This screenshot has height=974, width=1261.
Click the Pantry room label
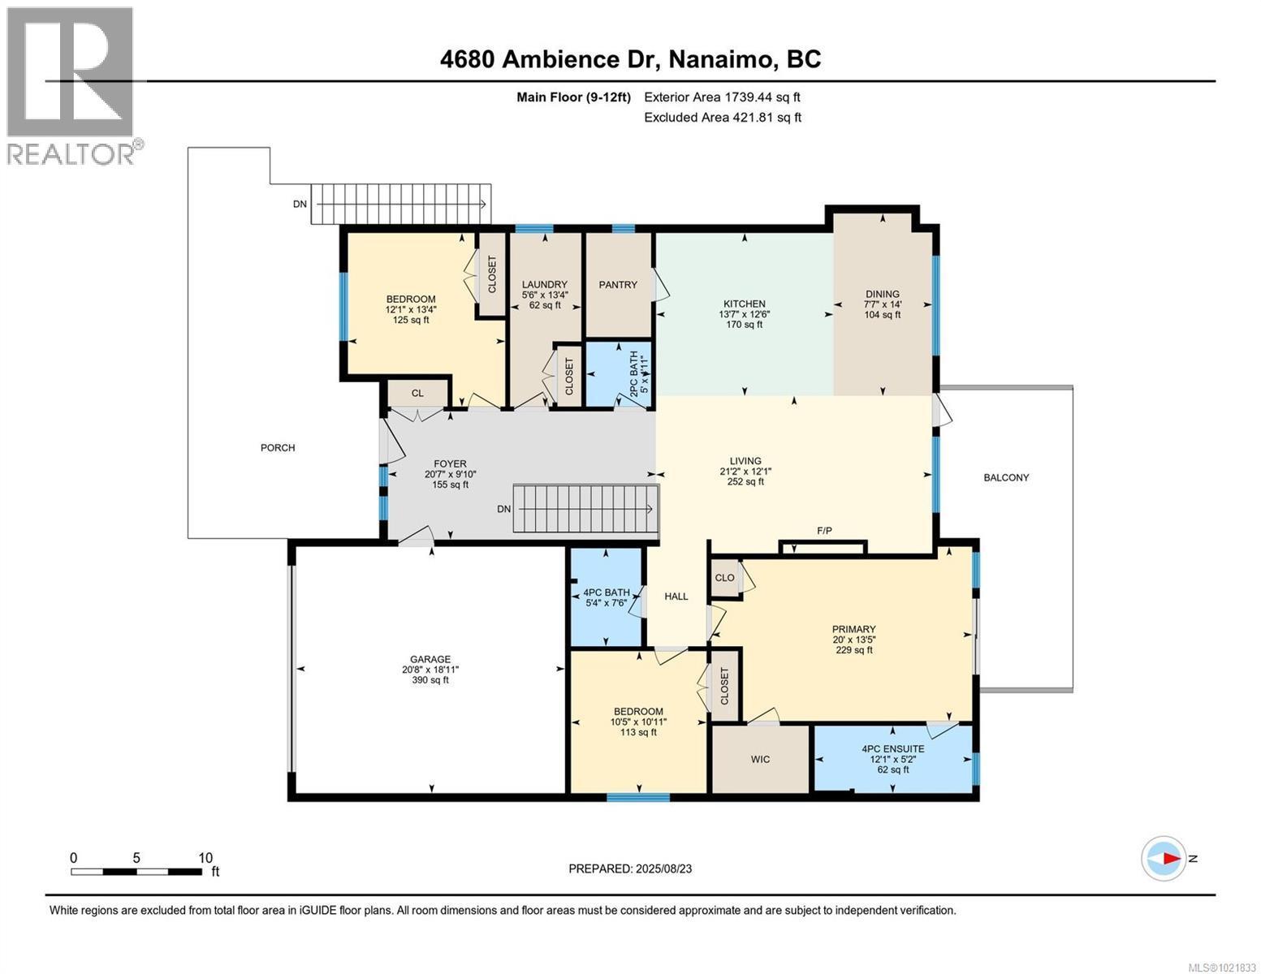coord(618,285)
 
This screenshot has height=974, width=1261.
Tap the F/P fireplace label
coord(824,531)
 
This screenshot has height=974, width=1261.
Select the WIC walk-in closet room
coord(760,760)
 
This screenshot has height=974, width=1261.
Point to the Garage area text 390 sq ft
coord(430,680)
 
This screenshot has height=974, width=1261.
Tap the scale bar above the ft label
coord(136,872)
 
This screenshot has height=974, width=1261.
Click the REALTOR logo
coord(71,85)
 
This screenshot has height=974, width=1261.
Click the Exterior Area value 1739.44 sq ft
coord(762,97)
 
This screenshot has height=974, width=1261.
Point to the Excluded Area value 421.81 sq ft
coord(762,117)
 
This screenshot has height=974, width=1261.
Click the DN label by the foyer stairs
coord(504,509)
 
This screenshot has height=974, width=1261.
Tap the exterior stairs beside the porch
coord(402,203)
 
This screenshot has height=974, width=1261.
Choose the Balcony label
coord(1006,477)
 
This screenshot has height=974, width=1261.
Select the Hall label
coord(676,597)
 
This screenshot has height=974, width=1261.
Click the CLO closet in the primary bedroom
coord(724,578)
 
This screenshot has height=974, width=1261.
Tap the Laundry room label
coord(544,284)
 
